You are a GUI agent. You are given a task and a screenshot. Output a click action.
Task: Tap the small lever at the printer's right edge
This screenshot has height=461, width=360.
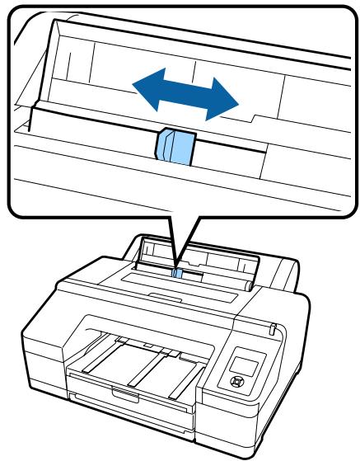[x=271, y=330]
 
